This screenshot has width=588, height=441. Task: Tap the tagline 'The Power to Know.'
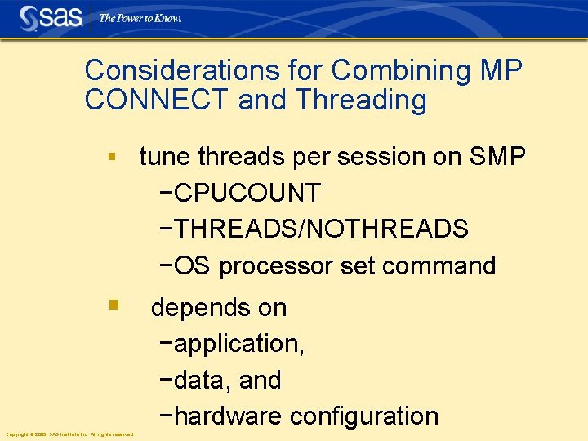140,17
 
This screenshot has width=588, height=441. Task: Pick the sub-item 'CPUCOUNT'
247,194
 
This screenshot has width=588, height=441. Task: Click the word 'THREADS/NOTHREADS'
320,229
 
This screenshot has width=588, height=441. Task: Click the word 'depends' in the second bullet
195,308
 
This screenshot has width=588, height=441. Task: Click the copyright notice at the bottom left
69,434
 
